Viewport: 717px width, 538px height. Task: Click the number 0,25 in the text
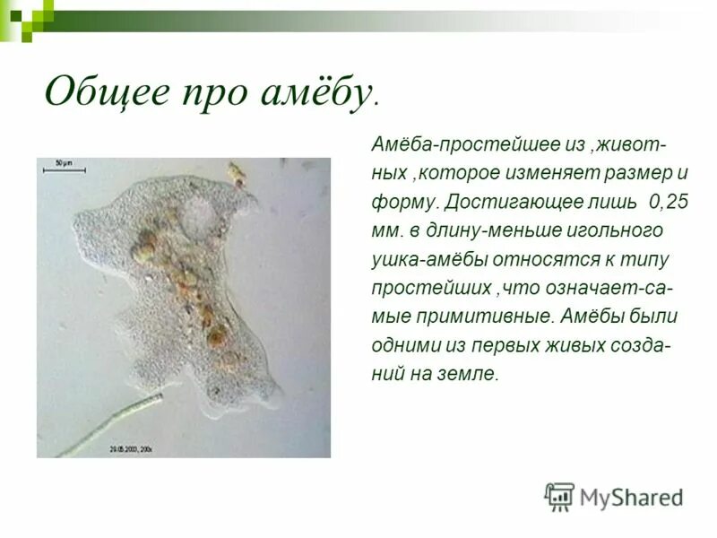[x=669, y=201]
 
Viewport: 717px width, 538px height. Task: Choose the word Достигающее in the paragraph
[x=504, y=201]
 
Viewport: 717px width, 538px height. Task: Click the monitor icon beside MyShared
[x=559, y=496]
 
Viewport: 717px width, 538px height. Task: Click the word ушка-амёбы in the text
[x=432, y=259]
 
